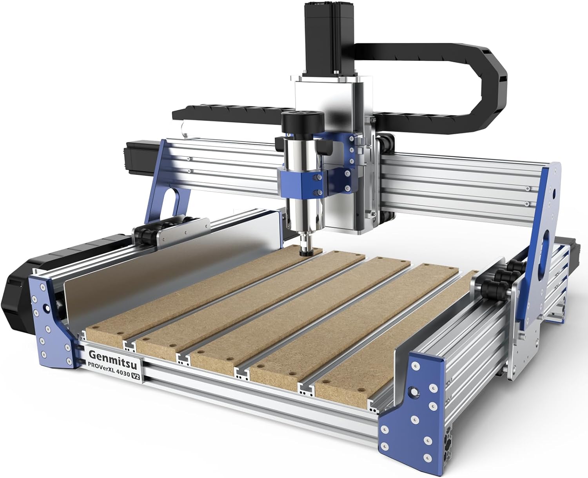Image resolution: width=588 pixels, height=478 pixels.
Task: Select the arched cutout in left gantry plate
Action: pos(175,204)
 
